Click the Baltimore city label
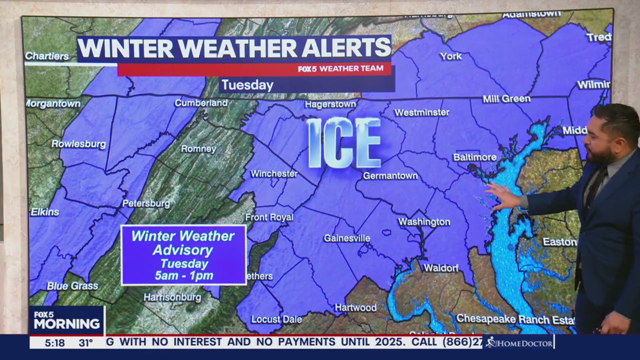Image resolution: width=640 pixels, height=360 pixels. [474, 157]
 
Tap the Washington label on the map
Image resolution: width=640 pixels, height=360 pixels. [424, 221]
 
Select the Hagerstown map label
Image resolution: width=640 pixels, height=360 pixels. [330, 104]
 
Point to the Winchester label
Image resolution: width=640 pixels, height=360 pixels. [273, 173]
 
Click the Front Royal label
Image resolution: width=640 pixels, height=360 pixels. [269, 217]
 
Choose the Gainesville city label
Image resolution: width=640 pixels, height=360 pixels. [346, 238]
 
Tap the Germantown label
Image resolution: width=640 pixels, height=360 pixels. [390, 175]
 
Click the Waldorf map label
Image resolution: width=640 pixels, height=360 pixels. [441, 268]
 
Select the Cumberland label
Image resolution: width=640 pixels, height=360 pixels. [201, 103]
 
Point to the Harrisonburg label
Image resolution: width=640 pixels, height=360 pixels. [172, 297]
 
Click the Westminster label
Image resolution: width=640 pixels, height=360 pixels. [421, 112]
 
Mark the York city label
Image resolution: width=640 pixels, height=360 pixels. [450, 56]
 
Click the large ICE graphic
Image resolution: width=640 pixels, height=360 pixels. [344, 143]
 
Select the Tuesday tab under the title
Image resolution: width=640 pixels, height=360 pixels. [247, 85]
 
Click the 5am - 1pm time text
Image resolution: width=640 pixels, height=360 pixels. [183, 275]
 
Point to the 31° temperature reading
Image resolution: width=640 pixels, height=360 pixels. [85, 342]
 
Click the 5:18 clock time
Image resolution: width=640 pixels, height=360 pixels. [54, 342]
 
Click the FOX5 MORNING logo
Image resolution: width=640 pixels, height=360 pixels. [66, 320]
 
